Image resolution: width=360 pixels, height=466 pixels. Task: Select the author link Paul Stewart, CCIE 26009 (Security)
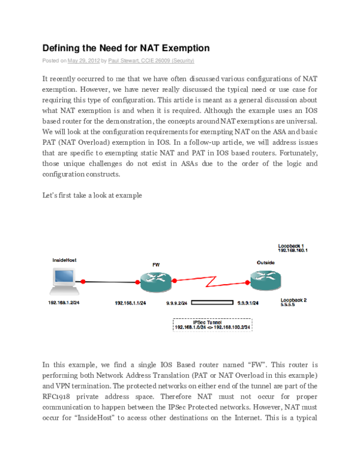(151, 61)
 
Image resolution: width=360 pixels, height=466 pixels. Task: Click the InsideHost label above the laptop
(64, 261)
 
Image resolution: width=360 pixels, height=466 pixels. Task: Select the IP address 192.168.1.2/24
(64, 303)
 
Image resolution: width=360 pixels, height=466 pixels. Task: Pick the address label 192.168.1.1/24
(131, 303)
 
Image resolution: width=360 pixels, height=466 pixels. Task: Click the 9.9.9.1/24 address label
(248, 303)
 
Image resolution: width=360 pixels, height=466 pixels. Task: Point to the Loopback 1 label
(291, 246)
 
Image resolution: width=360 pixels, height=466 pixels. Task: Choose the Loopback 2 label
(293, 299)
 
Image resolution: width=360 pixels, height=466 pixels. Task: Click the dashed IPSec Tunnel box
(212, 325)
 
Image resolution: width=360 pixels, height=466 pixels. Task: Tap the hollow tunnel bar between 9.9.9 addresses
(212, 303)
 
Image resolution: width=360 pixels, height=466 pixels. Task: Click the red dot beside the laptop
(83, 280)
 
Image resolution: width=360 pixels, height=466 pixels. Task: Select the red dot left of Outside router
(247, 280)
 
